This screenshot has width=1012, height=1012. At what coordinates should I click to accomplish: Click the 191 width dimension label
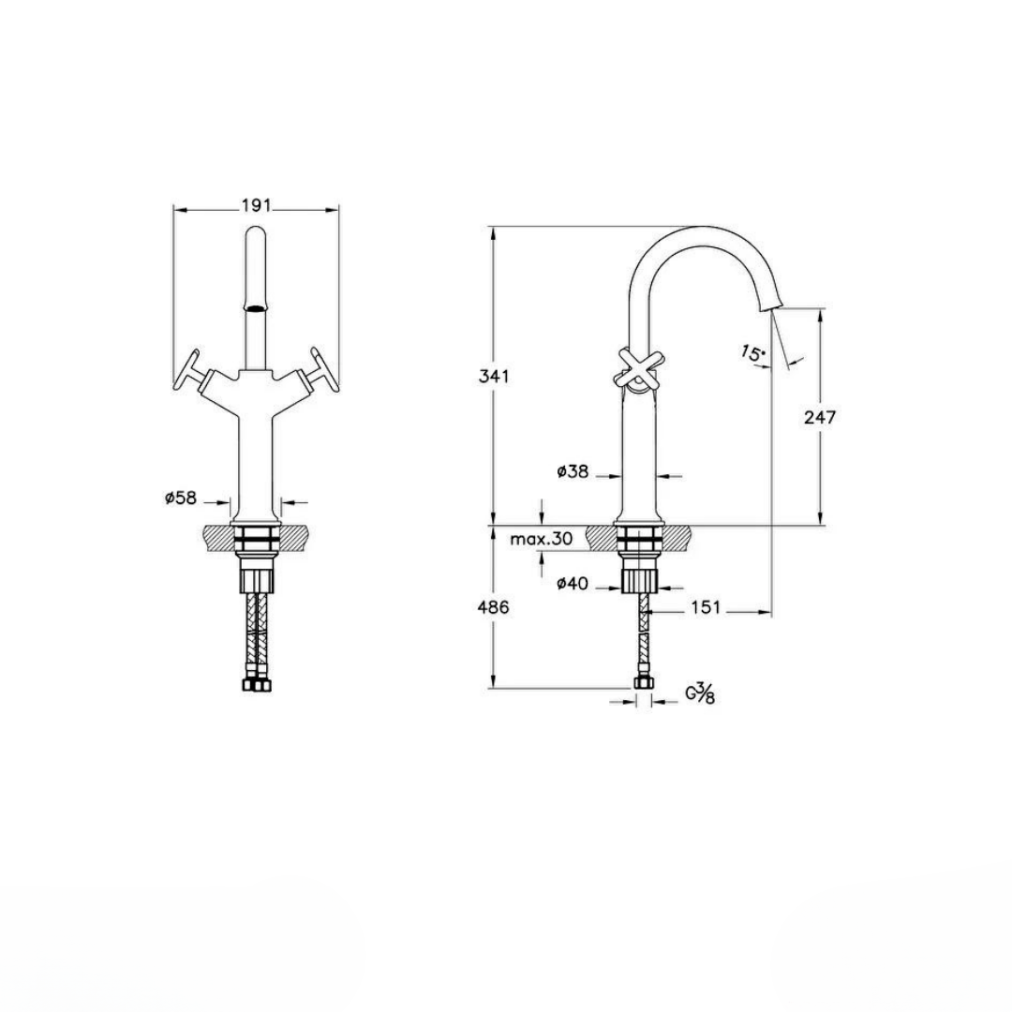pos(256,206)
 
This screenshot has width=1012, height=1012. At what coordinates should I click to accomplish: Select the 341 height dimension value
pos(494,376)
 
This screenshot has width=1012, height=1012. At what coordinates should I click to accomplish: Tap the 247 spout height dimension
pos(820,418)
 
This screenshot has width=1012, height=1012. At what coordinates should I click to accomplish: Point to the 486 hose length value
pos(494,607)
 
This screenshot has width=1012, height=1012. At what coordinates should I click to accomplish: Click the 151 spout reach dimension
pos(705,608)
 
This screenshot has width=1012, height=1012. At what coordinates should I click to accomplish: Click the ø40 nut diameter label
pos(572,585)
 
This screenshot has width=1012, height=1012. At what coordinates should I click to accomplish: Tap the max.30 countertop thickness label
pos(542,539)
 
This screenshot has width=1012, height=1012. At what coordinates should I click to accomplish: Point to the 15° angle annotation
pos(752,353)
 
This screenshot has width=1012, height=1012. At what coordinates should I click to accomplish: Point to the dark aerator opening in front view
pos(256,306)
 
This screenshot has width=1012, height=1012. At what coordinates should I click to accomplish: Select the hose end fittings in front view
pos(256,685)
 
